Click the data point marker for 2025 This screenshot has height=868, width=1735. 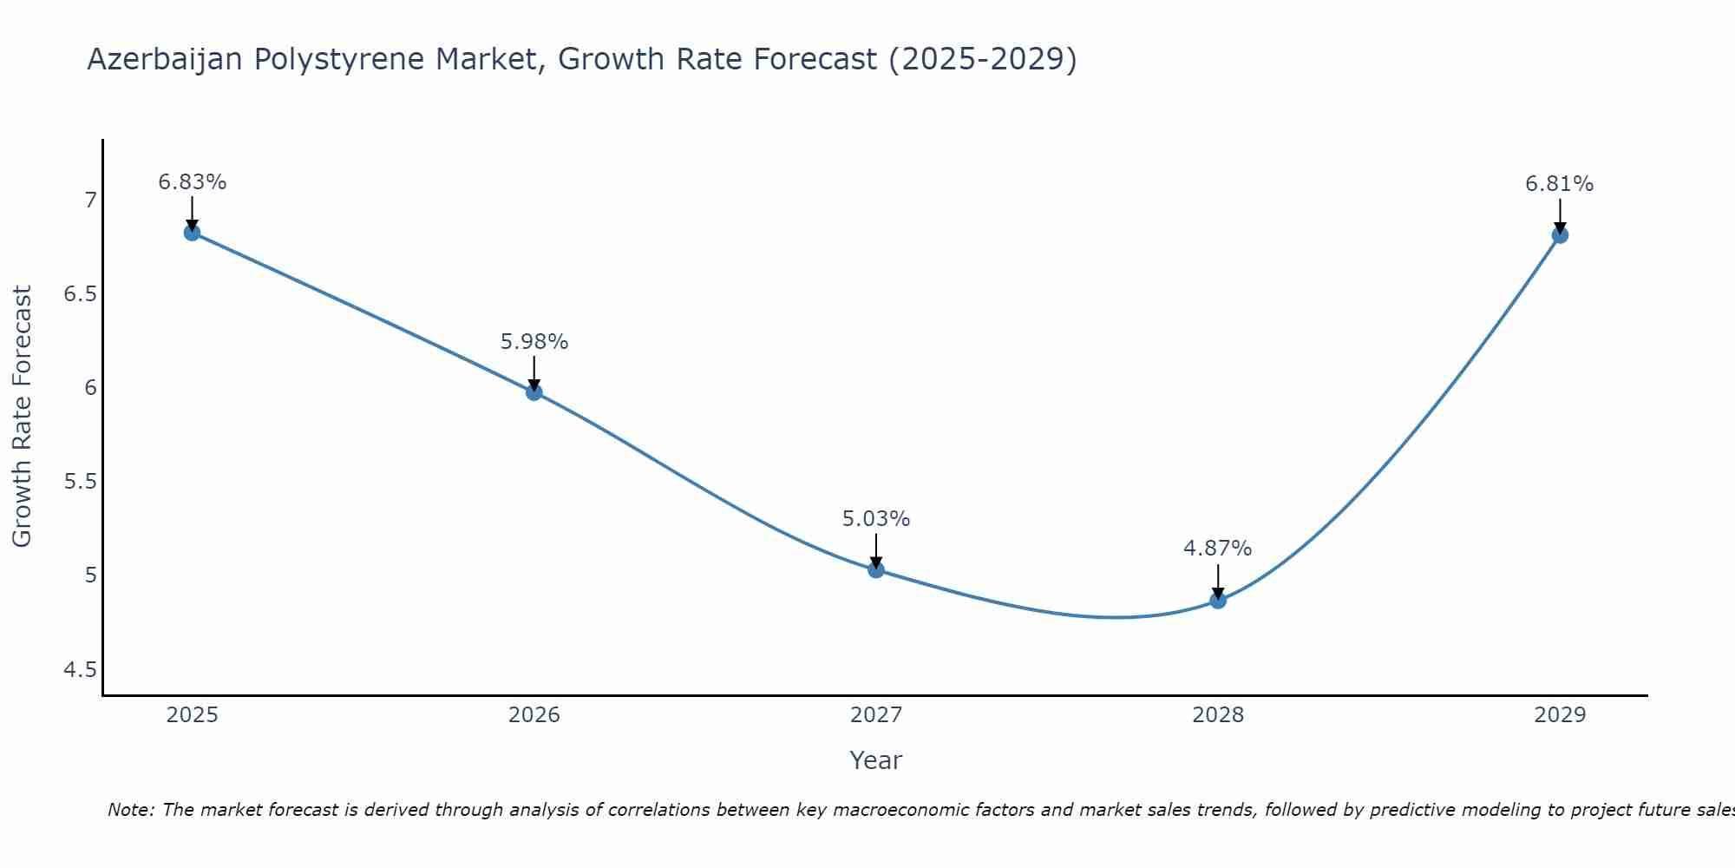[192, 233]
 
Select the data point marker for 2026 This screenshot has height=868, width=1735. [534, 392]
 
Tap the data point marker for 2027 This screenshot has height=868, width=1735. [876, 570]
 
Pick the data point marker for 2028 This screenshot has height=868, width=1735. [1218, 601]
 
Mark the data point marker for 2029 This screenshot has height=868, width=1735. [1560, 235]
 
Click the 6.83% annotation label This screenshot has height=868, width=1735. [192, 182]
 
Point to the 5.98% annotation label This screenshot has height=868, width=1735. [534, 342]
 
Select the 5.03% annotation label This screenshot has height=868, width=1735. [876, 519]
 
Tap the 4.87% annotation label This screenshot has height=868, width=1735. [1218, 549]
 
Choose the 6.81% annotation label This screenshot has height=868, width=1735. [1560, 184]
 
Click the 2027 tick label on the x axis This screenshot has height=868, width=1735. [876, 715]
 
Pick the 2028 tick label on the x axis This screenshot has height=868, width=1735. [1218, 715]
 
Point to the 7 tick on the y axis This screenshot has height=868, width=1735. [90, 201]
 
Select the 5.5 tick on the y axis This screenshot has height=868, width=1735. [81, 482]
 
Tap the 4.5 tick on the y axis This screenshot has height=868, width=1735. [81, 669]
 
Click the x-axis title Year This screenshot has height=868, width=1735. [876, 760]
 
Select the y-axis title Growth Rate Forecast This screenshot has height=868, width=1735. [23, 417]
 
